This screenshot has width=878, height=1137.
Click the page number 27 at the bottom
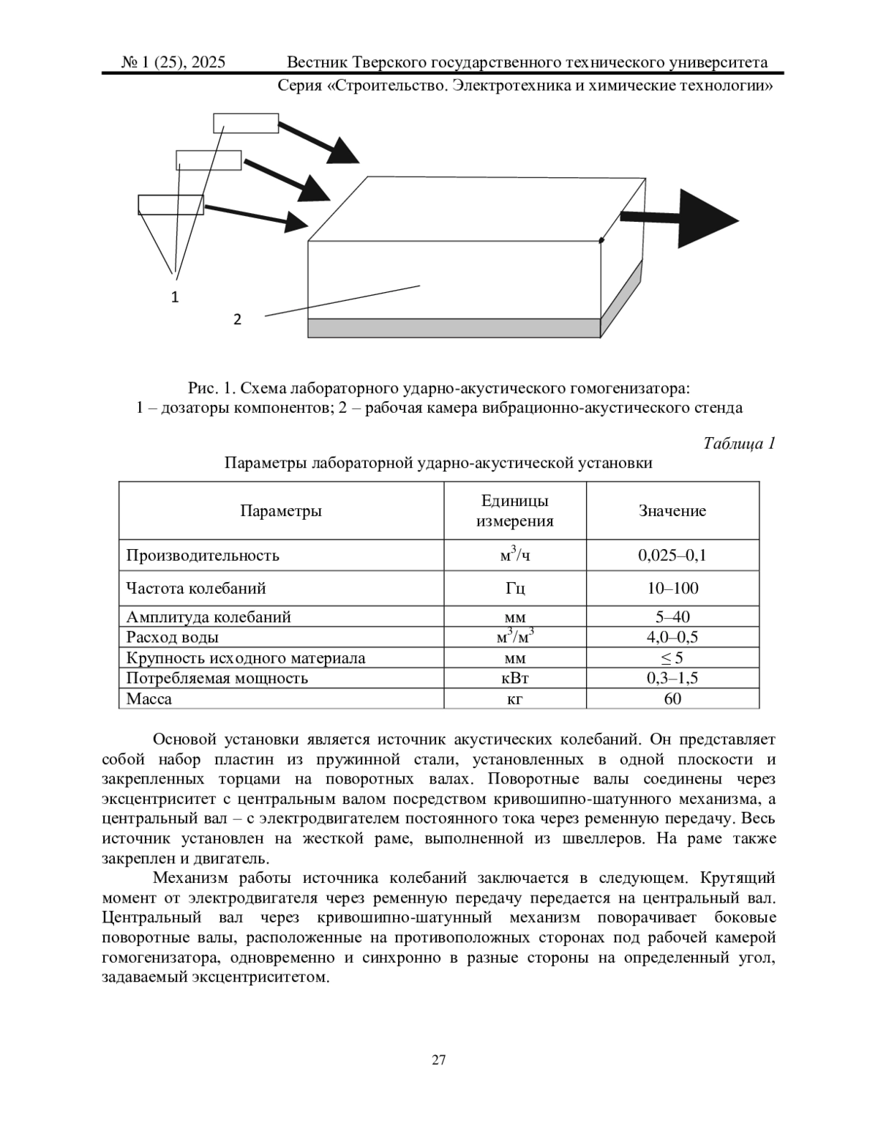[x=439, y=1059]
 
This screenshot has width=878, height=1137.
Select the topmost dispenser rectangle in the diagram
[x=246, y=123]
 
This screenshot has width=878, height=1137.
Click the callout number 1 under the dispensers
[x=175, y=297]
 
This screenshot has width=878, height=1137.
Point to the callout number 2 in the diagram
[x=237, y=319]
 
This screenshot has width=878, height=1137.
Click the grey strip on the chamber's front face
[x=454, y=327]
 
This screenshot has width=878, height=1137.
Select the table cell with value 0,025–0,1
[x=672, y=555]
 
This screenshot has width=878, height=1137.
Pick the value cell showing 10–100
[x=672, y=588]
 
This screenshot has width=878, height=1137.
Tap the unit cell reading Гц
[x=514, y=588]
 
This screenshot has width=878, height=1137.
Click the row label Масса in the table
[x=149, y=698]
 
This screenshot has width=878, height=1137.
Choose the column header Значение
[x=672, y=511]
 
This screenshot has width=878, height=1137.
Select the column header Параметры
[x=281, y=511]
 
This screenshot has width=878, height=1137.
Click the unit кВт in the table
[x=514, y=678]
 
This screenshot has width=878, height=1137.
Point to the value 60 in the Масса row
[x=672, y=698]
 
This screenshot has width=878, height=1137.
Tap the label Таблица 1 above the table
[x=738, y=443]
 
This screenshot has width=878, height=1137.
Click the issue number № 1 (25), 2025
[x=173, y=63]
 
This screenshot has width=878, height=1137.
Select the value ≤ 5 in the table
[x=672, y=657]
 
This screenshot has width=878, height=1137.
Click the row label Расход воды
[x=172, y=637]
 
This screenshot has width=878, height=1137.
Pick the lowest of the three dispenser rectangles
[x=170, y=204]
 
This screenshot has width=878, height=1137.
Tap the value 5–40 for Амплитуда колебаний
[x=672, y=616]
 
